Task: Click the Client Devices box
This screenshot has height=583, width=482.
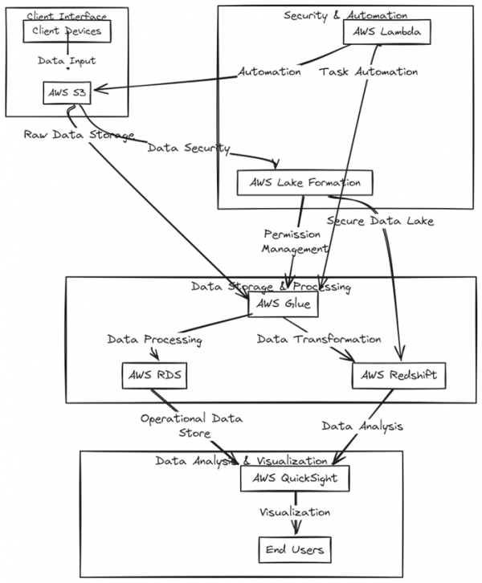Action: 67,31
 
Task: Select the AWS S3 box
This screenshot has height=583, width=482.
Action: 67,92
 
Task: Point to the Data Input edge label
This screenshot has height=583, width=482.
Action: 67,61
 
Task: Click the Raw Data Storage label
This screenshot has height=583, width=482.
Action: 78,135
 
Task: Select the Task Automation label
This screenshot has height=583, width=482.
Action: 367,72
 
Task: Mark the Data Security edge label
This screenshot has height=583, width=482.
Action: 189,149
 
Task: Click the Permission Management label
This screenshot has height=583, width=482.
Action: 292,242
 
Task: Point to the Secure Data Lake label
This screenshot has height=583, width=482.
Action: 380,220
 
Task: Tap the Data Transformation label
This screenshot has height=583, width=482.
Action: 319,340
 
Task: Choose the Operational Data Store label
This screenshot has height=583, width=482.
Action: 191,426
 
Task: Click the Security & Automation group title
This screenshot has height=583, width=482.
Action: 345,15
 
